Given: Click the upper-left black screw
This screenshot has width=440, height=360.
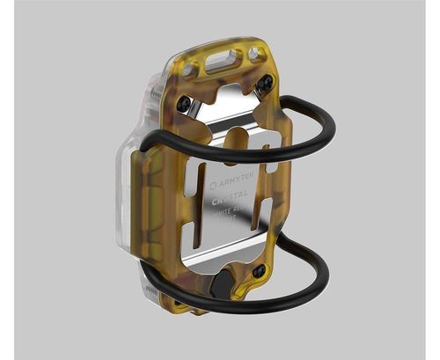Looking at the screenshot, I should pyautogui.click(x=184, y=104).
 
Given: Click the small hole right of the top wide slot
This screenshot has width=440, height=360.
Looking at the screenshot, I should pyautogui.click(x=256, y=54).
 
